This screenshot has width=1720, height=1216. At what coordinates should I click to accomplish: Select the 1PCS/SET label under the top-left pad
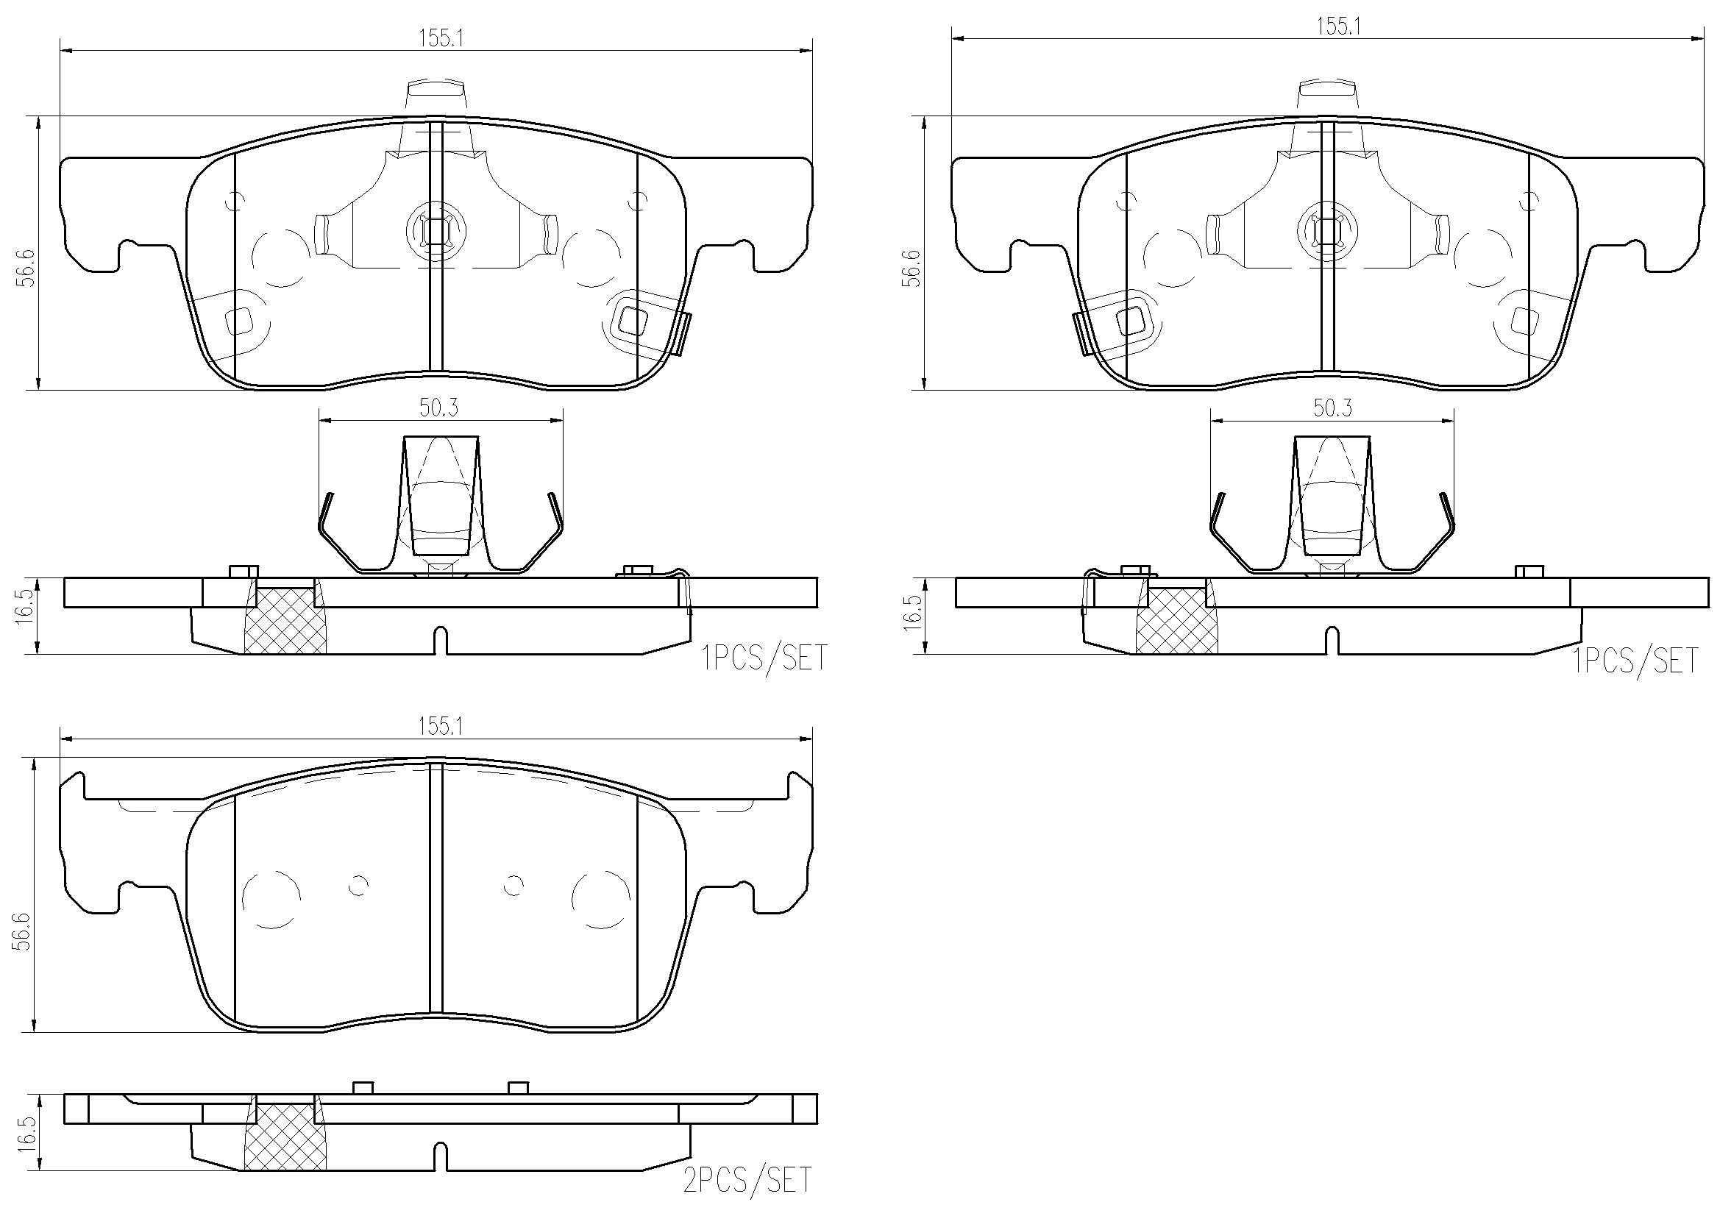click(x=765, y=658)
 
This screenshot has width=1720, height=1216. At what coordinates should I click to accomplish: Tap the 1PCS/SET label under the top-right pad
click(x=1635, y=660)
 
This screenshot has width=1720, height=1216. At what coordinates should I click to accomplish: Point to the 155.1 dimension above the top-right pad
click(x=1338, y=26)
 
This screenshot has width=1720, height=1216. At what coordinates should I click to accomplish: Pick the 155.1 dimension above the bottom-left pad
click(x=441, y=726)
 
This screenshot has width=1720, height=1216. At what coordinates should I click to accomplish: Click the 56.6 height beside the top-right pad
click(x=911, y=268)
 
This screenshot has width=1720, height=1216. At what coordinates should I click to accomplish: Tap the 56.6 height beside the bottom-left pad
click(x=24, y=931)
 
